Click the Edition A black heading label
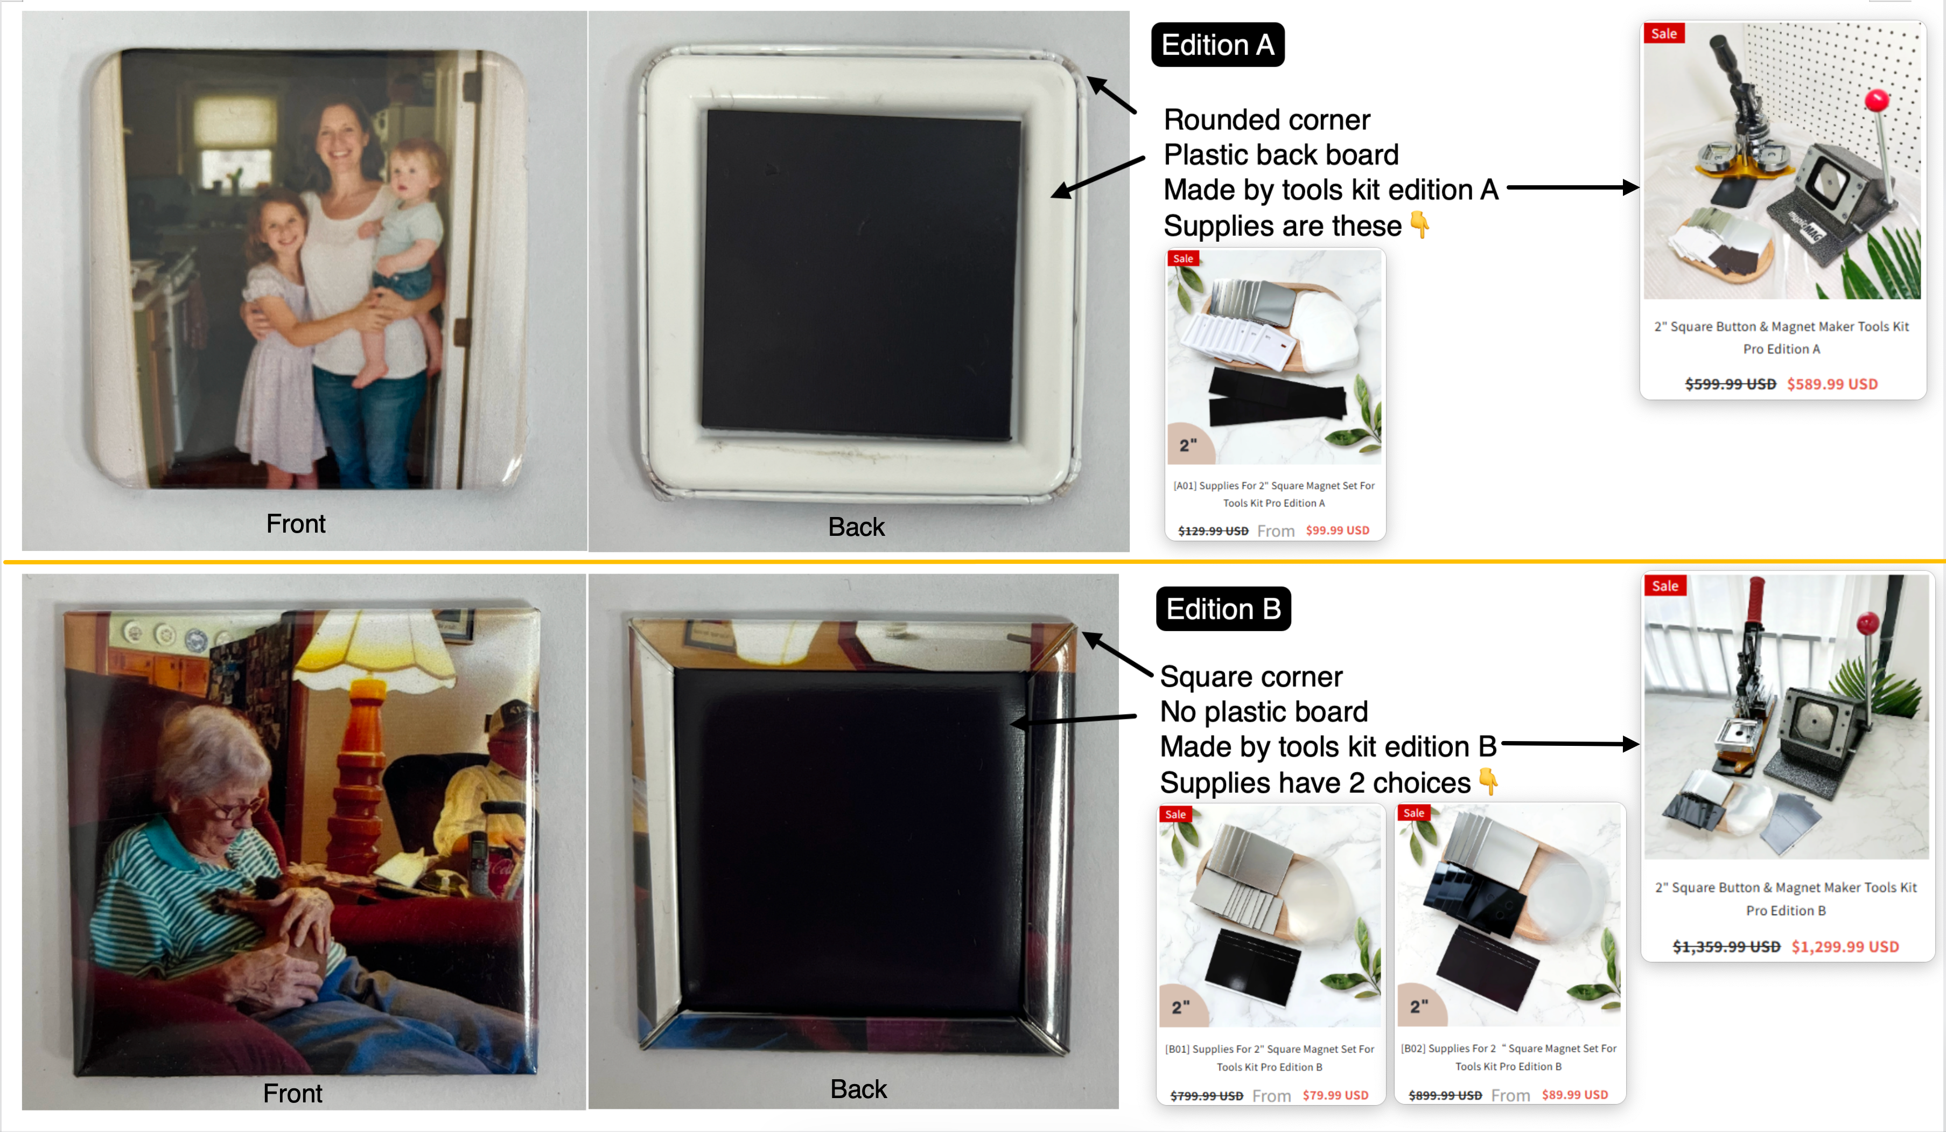pos(1218,45)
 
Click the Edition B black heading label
pos(1223,609)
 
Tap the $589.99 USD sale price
pos(1832,384)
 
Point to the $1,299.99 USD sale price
pos(1845,947)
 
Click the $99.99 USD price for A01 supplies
pos(1338,530)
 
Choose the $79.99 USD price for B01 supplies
pos(1335,1095)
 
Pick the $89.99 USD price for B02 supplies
pos(1574,1094)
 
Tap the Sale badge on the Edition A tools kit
pos(1664,33)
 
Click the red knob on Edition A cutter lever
pos(1877,100)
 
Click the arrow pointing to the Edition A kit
pos(1572,187)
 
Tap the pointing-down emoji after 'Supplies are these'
pos(1419,225)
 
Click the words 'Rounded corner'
pos(1266,120)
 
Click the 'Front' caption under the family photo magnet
pos(296,523)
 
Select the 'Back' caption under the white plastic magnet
pos(856,527)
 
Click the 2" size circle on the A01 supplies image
pos(1190,444)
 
